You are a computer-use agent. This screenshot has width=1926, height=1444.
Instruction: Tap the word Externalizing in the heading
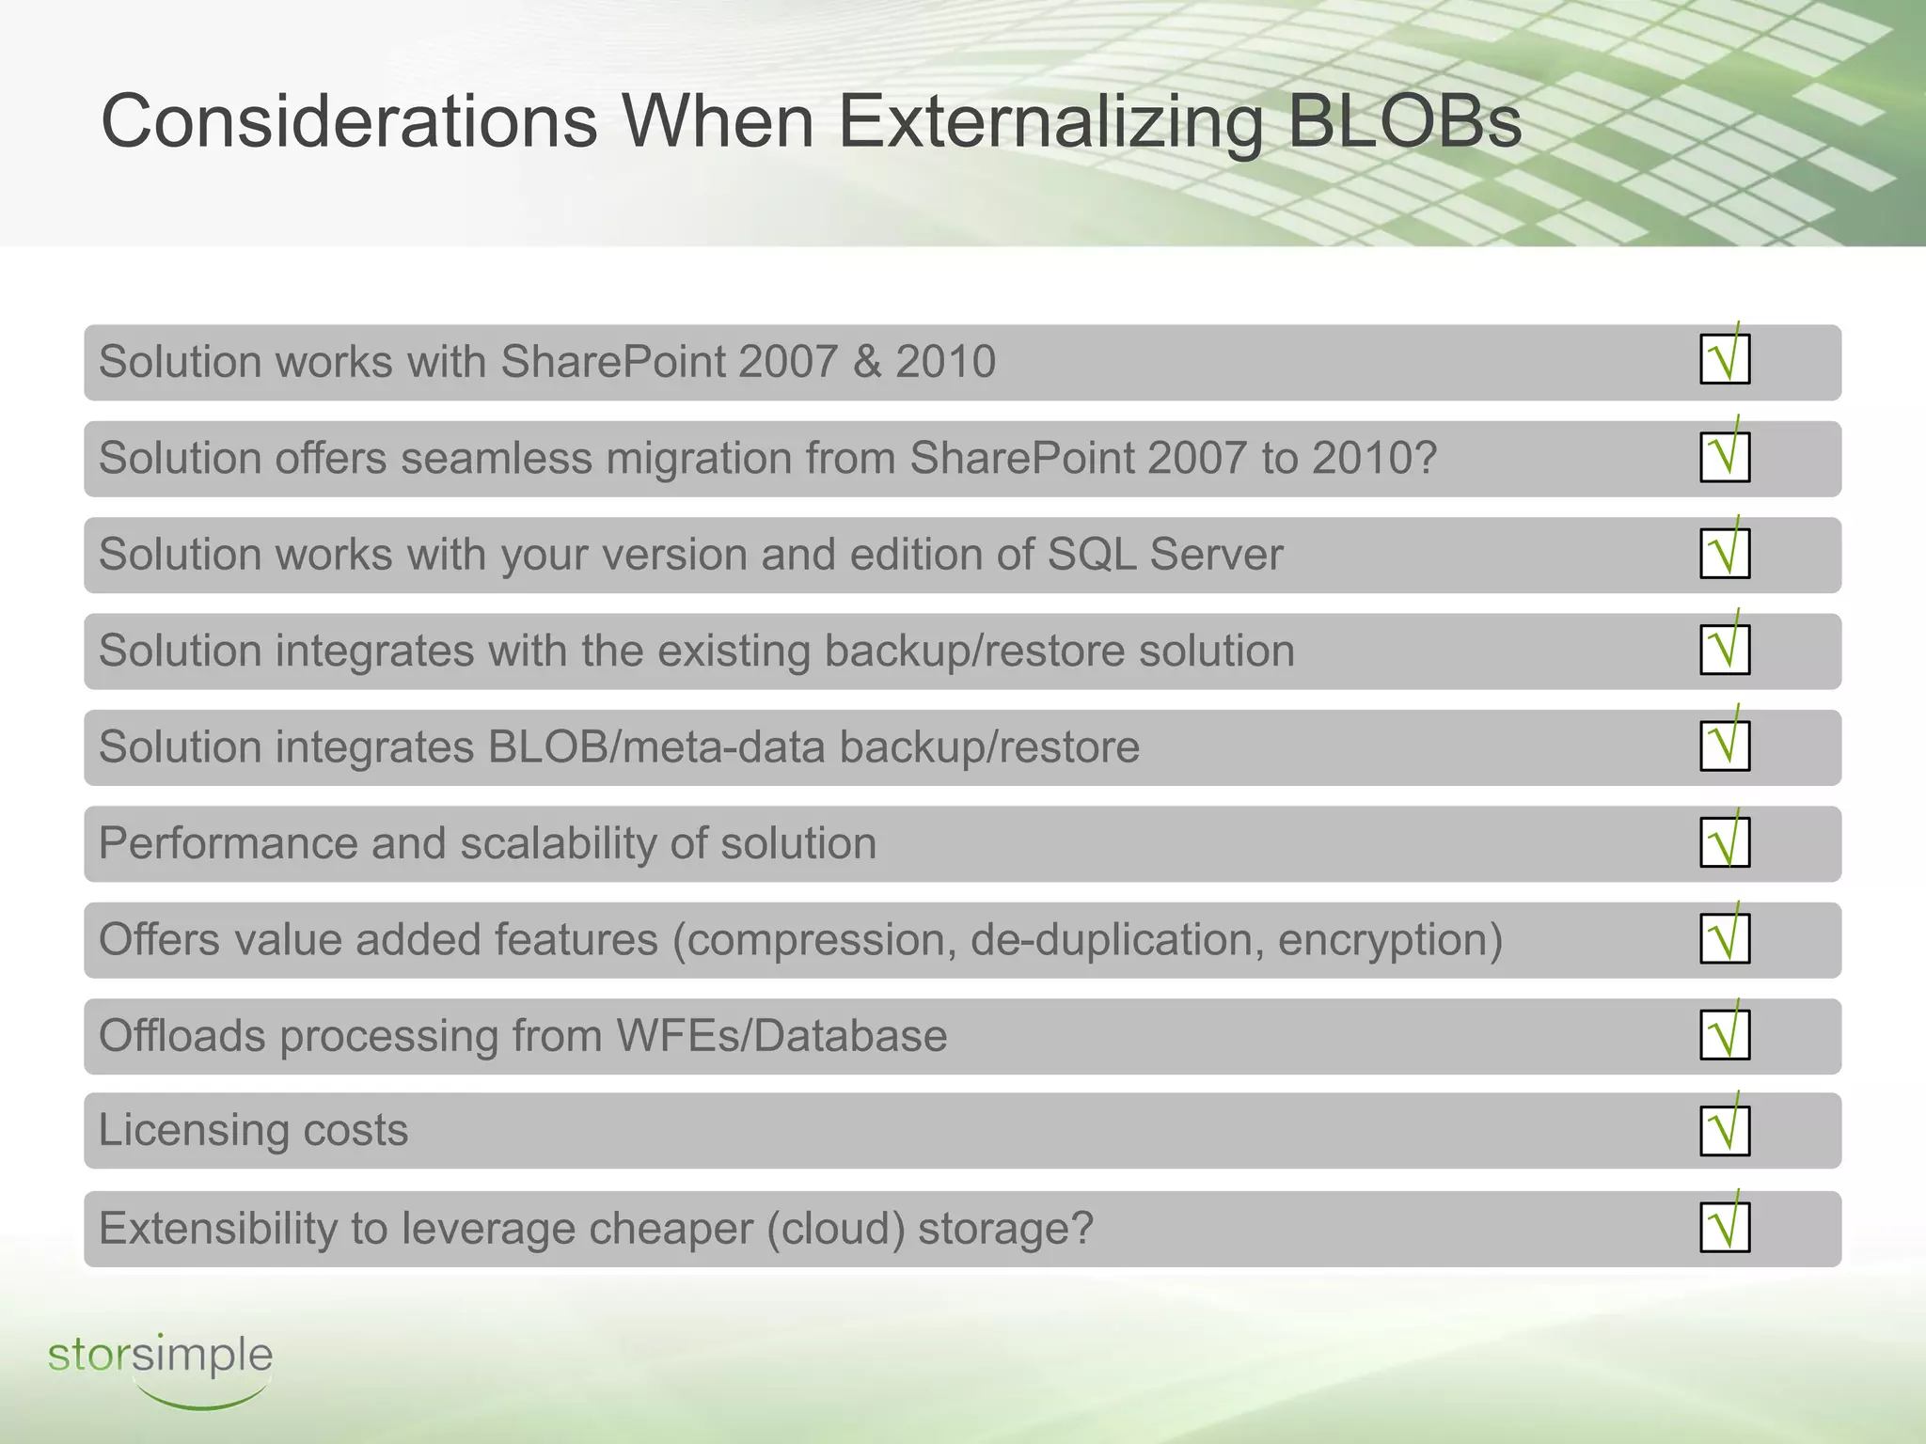tap(1050, 122)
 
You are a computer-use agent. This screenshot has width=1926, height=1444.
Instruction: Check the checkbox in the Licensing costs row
tap(1725, 1130)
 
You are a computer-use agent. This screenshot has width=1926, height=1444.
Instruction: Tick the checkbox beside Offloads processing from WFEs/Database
tap(1725, 1034)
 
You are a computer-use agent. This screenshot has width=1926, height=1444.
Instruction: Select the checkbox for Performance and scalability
tap(1725, 841)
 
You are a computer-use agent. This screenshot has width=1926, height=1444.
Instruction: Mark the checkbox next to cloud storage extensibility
tap(1725, 1228)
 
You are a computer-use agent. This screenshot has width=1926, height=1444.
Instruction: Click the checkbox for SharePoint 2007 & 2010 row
tap(1725, 359)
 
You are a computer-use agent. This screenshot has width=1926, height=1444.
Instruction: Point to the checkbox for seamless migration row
tap(1725, 457)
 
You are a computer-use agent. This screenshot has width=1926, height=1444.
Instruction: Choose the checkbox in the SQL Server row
tap(1725, 553)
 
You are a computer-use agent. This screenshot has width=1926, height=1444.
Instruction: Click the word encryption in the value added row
tap(1390, 940)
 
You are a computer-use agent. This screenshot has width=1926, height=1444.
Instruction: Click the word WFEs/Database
tap(781, 1036)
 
